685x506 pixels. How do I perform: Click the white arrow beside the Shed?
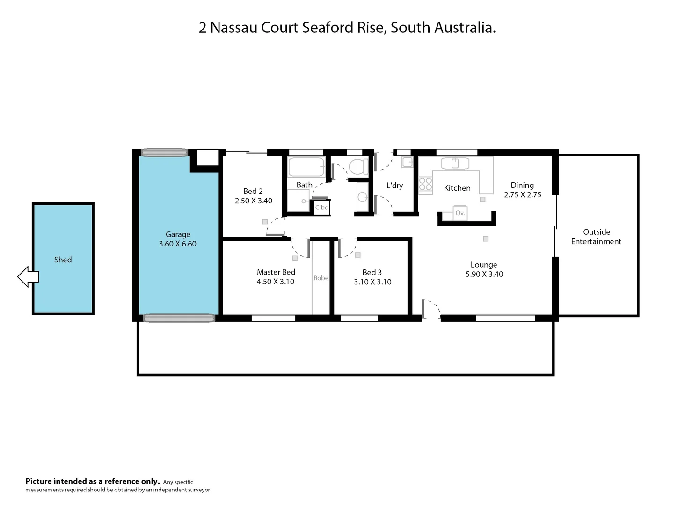coord(28,276)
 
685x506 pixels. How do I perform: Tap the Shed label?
coord(63,260)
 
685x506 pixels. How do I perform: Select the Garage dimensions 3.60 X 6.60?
coord(177,244)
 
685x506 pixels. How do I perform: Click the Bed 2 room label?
coord(253,191)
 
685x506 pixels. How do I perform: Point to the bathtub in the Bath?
coord(306,167)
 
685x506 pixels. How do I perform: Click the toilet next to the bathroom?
coord(359,166)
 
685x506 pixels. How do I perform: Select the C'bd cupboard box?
coord(322,208)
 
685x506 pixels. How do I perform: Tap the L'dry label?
coord(394,186)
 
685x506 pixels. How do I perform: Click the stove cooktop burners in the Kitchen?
coord(425,184)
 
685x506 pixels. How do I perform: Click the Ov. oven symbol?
coord(460,213)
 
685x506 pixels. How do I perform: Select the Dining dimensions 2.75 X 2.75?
coord(523,195)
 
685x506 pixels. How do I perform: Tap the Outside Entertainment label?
coord(596,237)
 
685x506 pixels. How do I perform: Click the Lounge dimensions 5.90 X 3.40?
coord(484,275)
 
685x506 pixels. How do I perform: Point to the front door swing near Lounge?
coord(431,309)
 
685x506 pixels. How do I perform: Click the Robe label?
coord(321,278)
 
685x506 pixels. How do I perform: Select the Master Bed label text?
coord(276,272)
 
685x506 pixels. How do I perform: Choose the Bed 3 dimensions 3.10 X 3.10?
coord(372,282)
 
